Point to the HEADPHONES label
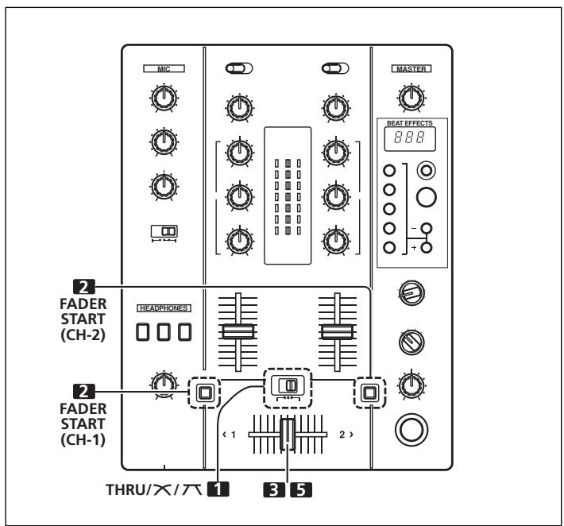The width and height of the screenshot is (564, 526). tap(163, 306)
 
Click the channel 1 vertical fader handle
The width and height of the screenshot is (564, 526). tap(237, 331)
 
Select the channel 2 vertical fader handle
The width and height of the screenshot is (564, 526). tap(334, 331)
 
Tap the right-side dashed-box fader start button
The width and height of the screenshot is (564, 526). tap(367, 391)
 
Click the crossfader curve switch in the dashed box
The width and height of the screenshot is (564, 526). tap(286, 385)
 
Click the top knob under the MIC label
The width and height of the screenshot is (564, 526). tap(163, 98)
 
